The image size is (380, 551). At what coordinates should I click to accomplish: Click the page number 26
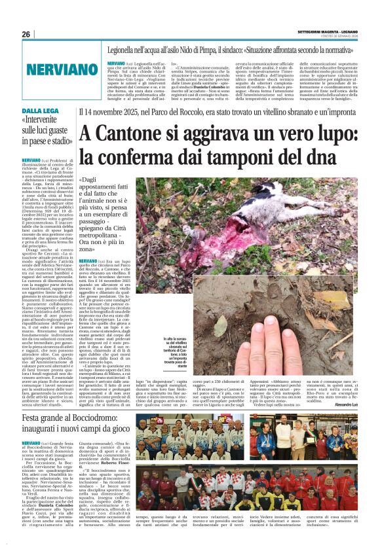26,35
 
